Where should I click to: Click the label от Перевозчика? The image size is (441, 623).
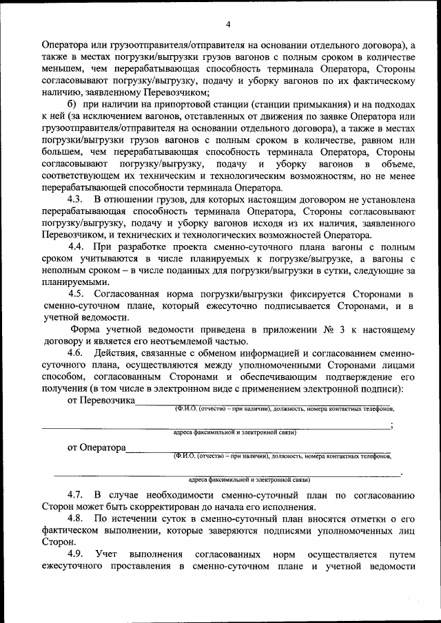pos(101,400)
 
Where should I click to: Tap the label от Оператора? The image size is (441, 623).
pos(96,447)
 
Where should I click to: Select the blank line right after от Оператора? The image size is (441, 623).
pos(258,452)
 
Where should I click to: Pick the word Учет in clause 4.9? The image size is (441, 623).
pos(107,554)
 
